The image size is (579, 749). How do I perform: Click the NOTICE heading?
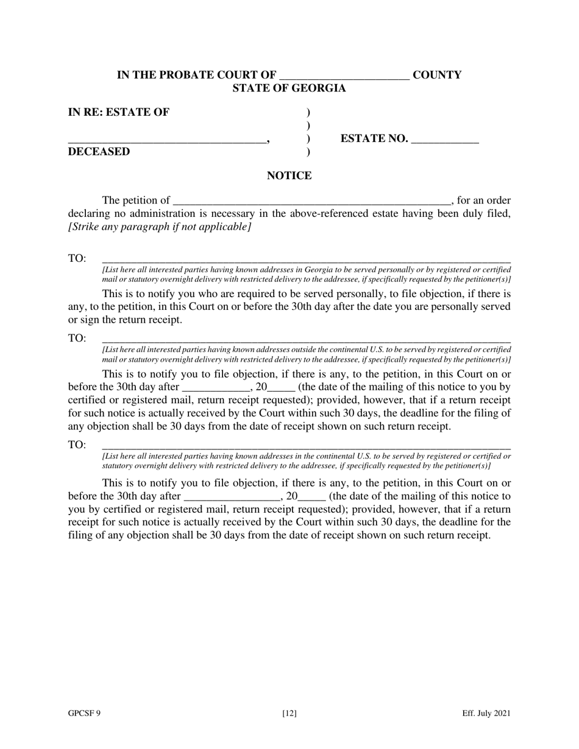[x=289, y=176]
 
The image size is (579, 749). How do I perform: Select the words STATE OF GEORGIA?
[x=289, y=88]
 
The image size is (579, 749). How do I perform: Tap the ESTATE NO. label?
[x=374, y=139]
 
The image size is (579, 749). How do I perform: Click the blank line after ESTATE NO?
[x=445, y=141]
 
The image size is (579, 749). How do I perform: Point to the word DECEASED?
[x=99, y=152]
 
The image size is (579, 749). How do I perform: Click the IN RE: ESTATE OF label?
[x=119, y=112]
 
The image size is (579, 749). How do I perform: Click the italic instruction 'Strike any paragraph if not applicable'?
[x=160, y=227]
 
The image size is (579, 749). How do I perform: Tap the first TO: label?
[x=77, y=258]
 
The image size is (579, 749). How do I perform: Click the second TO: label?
[x=77, y=339]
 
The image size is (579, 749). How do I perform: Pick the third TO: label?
[x=77, y=445]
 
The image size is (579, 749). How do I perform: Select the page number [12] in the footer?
[x=289, y=714]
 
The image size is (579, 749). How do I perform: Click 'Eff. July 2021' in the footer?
[x=486, y=714]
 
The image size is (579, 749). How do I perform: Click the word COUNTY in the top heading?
[x=437, y=75]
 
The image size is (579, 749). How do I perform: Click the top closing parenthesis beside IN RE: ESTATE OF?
[x=308, y=113]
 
